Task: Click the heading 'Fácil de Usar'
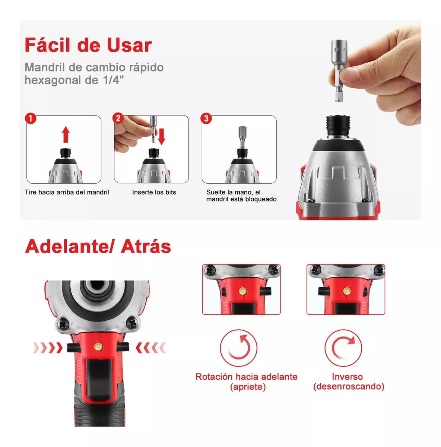click(88, 45)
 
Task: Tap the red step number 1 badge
click(31, 119)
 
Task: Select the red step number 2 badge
click(118, 118)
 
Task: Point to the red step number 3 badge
click(206, 118)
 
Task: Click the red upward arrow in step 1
click(66, 134)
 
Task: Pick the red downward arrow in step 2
click(162, 136)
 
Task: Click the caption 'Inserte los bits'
click(154, 192)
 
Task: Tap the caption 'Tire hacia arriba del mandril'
click(67, 192)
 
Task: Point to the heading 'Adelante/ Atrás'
click(98, 247)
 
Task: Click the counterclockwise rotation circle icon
click(238, 348)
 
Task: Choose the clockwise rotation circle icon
click(343, 348)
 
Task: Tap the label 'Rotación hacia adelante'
click(246, 377)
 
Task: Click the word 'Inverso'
click(347, 377)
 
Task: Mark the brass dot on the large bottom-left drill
click(98, 346)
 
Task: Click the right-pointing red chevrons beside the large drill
click(47, 348)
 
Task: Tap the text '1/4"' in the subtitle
click(113, 80)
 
